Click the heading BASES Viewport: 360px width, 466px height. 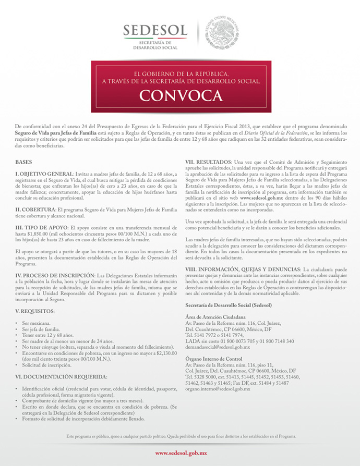coord(24,162)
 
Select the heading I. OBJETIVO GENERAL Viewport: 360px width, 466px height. coord(45,174)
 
